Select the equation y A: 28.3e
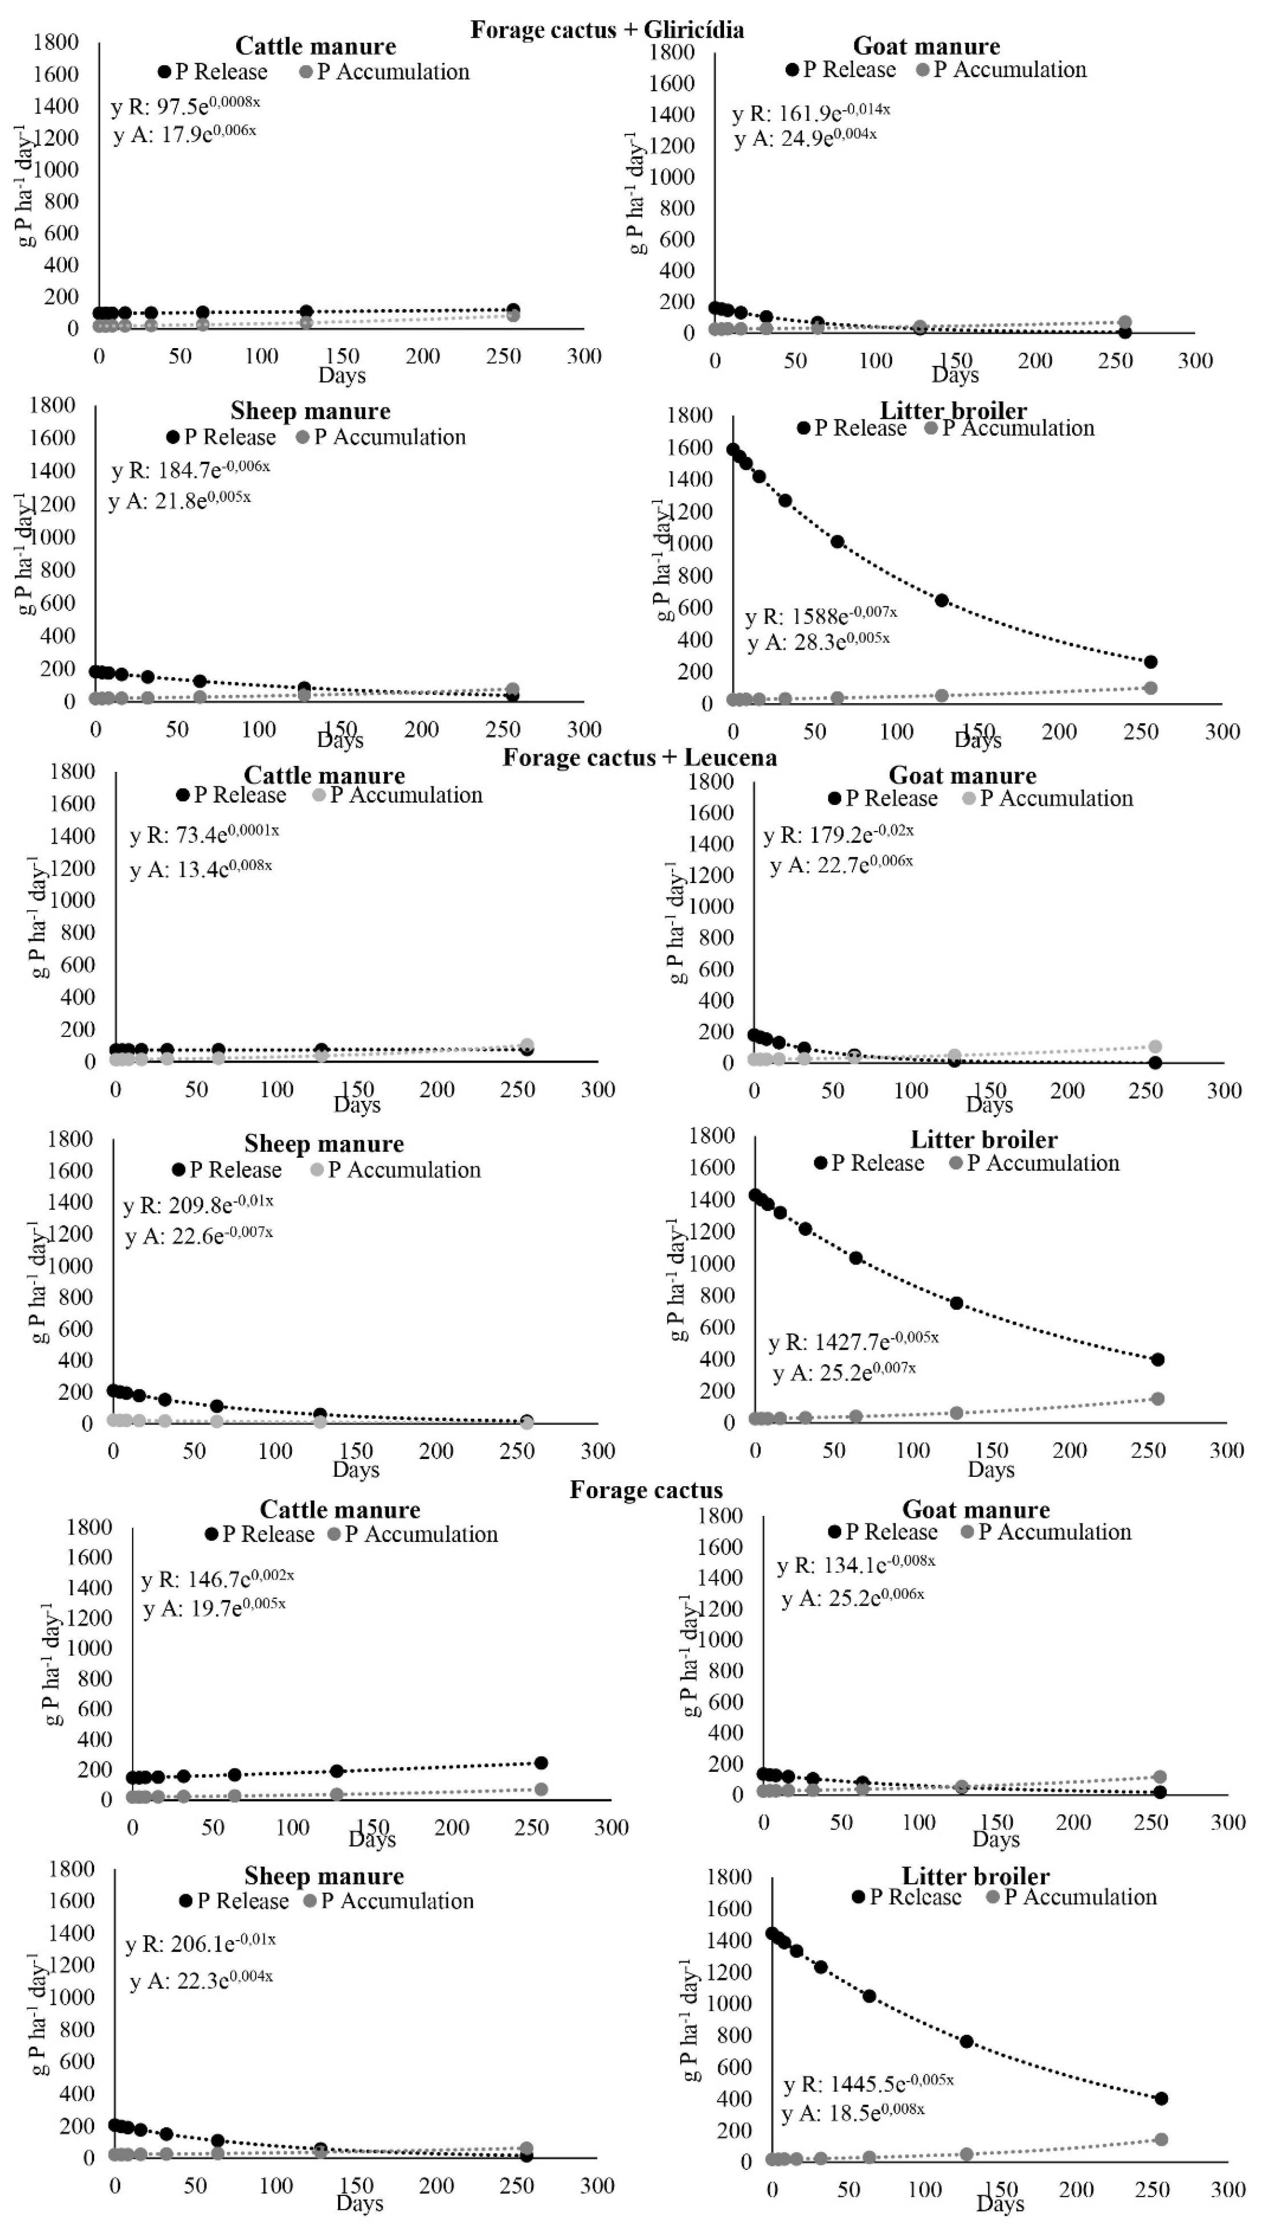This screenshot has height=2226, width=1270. (818, 642)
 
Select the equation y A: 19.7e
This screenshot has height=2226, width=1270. (214, 1607)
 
